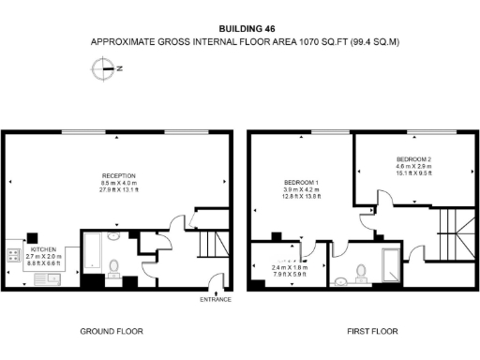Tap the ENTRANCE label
click(216, 300)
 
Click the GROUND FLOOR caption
click(113, 331)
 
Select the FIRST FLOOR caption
click(373, 331)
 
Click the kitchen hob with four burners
click(15, 253)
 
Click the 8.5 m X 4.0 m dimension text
click(120, 184)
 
